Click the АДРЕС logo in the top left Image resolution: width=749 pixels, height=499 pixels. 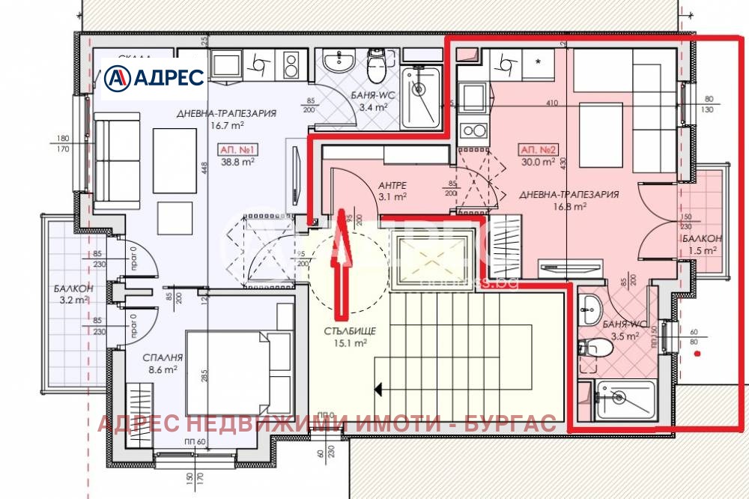pyautogui.click(x=154, y=77)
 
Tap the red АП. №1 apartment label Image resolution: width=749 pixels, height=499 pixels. pyautogui.click(x=236, y=148)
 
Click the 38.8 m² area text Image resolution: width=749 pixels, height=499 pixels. pyautogui.click(x=236, y=161)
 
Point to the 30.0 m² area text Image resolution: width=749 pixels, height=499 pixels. pyautogui.click(x=538, y=161)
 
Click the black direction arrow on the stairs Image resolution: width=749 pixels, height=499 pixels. pyautogui.click(x=379, y=389)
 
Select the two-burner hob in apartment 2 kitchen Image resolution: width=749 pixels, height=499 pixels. pyautogui.click(x=473, y=131)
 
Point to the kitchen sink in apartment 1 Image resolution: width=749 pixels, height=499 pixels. pyautogui.click(x=259, y=65)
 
